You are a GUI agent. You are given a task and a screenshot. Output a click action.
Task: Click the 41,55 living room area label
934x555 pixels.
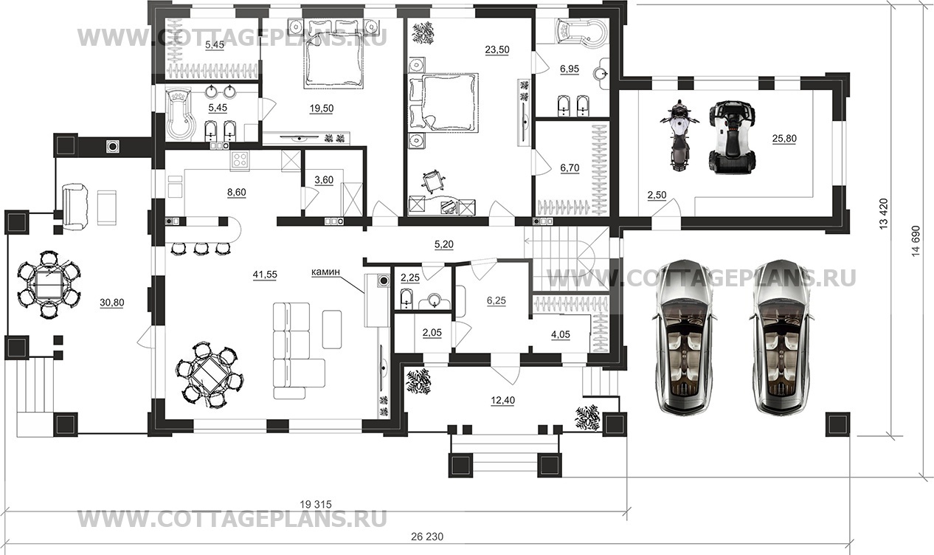265,275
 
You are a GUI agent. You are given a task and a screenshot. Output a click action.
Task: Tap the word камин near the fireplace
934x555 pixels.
325,272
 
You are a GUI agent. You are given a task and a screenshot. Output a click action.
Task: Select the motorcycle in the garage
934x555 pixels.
679,135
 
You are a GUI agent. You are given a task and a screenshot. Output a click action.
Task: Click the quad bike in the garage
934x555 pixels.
732,137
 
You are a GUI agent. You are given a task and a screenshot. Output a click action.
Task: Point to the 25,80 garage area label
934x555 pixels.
784,139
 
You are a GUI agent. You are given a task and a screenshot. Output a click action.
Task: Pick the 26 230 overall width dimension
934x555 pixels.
427,537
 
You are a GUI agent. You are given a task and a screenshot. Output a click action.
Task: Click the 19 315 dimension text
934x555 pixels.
316,505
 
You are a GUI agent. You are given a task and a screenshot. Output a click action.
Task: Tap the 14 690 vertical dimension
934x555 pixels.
916,241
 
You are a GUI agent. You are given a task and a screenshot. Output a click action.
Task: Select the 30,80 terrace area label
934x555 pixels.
111,303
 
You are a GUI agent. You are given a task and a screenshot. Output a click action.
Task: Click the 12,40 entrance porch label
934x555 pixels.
502,400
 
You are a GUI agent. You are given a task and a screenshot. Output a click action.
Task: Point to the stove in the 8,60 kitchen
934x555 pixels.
240,160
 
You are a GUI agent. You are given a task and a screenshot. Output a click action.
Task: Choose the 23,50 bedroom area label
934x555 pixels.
497,49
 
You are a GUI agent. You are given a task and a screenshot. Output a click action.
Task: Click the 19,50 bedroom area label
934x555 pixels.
322,108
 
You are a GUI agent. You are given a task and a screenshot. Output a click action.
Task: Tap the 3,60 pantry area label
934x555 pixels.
324,180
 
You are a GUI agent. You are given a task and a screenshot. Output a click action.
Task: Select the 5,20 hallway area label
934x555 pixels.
443,244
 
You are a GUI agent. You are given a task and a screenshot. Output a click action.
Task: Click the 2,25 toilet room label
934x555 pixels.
410,277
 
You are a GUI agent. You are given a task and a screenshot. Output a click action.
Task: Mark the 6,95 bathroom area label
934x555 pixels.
569,69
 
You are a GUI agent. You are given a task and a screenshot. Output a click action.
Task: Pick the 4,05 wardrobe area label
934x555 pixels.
561,334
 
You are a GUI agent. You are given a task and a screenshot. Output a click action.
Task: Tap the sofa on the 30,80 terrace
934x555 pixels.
75,205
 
